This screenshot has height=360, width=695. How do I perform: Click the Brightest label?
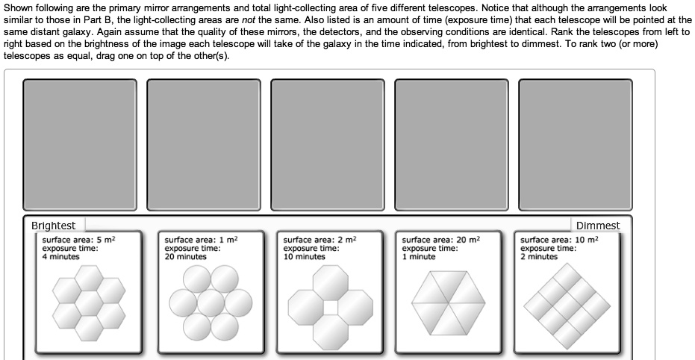(54, 226)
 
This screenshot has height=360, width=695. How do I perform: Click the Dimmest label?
(597, 226)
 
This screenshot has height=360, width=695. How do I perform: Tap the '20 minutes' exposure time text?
(185, 256)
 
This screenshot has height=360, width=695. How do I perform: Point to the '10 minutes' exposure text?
(305, 256)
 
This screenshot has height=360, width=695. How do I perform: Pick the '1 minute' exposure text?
(419, 256)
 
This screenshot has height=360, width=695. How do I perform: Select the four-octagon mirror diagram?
(328, 305)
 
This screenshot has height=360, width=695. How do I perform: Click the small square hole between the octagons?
(329, 306)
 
